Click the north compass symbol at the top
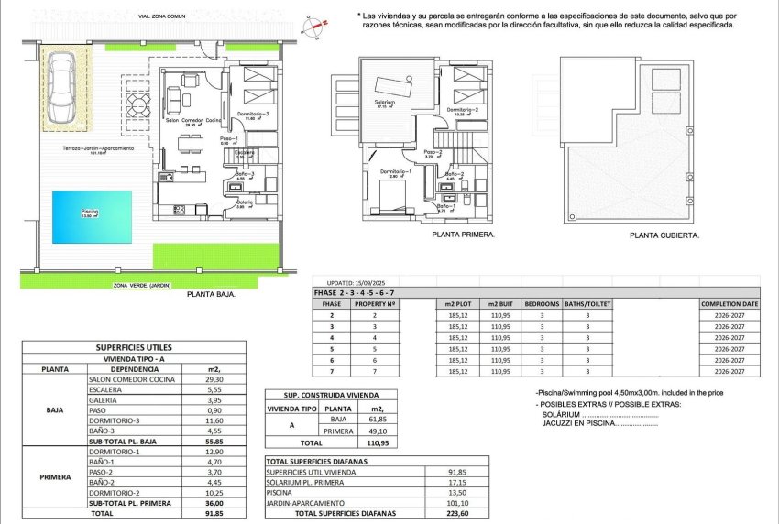coord(314,26)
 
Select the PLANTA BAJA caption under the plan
coord(211,295)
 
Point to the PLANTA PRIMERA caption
coord(463,235)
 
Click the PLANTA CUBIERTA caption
coord(664,235)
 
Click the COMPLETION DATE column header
coord(729,302)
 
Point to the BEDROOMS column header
coord(542,302)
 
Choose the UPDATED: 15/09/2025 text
coord(351,282)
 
